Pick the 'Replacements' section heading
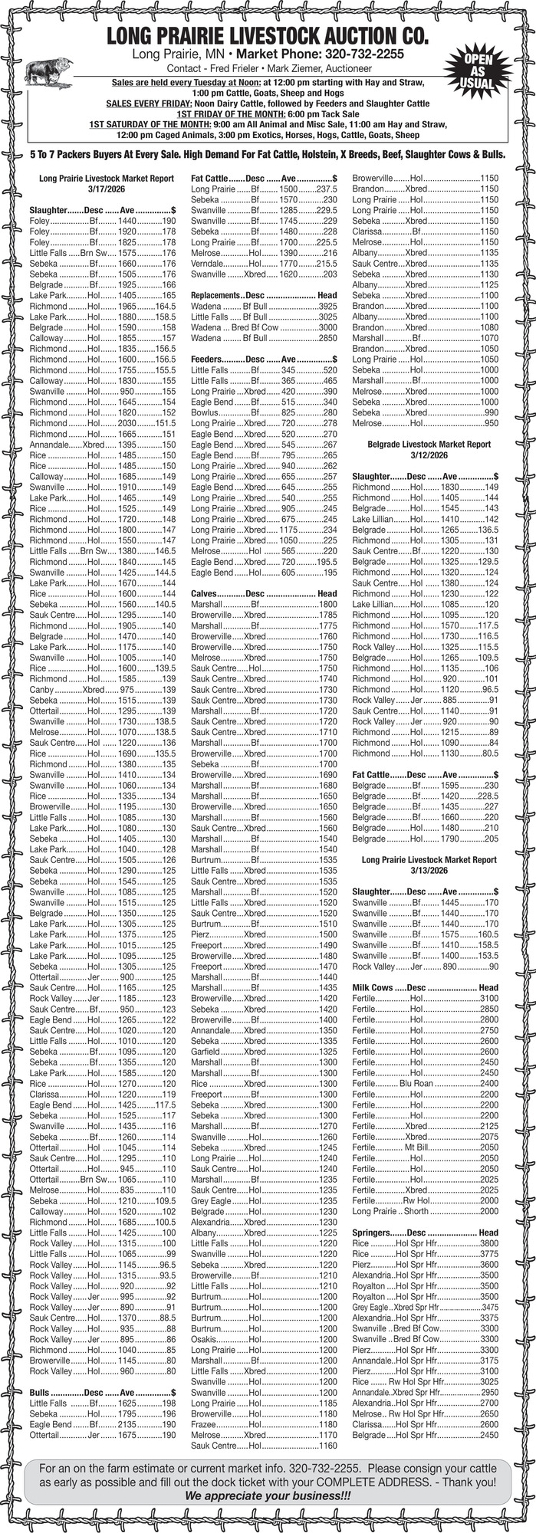point(215,295)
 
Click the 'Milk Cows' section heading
point(372,988)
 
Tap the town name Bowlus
point(205,412)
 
